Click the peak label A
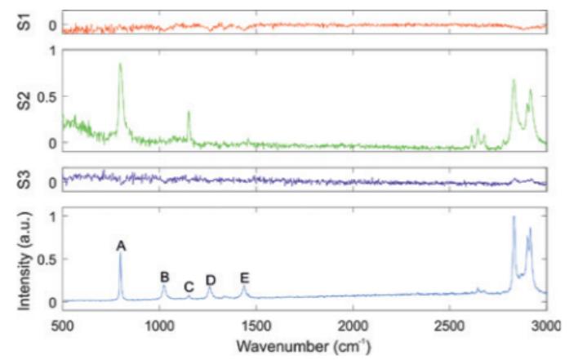tap(121, 245)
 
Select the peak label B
tap(164, 277)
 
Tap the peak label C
tap(189, 287)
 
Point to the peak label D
tap(211, 281)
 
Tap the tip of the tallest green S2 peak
tap(120, 64)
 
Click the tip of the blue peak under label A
tap(121, 253)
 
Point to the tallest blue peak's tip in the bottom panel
tap(514, 217)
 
